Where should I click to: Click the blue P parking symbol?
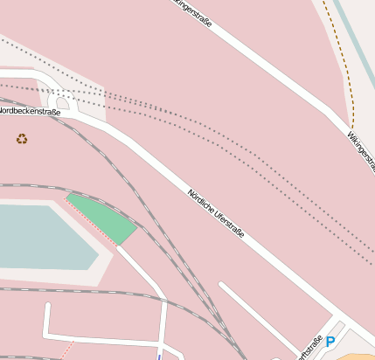pos(330,343)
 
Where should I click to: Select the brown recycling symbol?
pos(22,138)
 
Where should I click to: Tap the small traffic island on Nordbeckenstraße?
pos(63,102)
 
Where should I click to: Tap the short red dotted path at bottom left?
pos(65,350)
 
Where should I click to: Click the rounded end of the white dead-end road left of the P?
pos(221,286)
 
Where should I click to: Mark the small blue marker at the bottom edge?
pos(159,356)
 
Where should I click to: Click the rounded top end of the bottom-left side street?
pos(47,307)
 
